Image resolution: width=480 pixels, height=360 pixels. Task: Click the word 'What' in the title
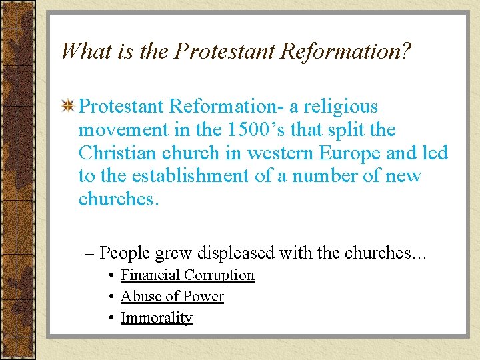click(87, 51)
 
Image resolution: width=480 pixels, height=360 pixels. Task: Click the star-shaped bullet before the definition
click(67, 107)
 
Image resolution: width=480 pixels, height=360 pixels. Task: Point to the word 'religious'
click(341, 107)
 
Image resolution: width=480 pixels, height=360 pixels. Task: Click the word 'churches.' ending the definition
click(119, 199)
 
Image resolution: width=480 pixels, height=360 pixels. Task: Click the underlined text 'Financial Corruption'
click(187, 275)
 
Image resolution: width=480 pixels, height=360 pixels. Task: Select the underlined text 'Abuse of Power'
click(172, 297)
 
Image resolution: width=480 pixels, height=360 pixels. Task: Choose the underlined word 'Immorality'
click(157, 318)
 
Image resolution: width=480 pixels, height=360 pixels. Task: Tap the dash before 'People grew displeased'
click(90, 254)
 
